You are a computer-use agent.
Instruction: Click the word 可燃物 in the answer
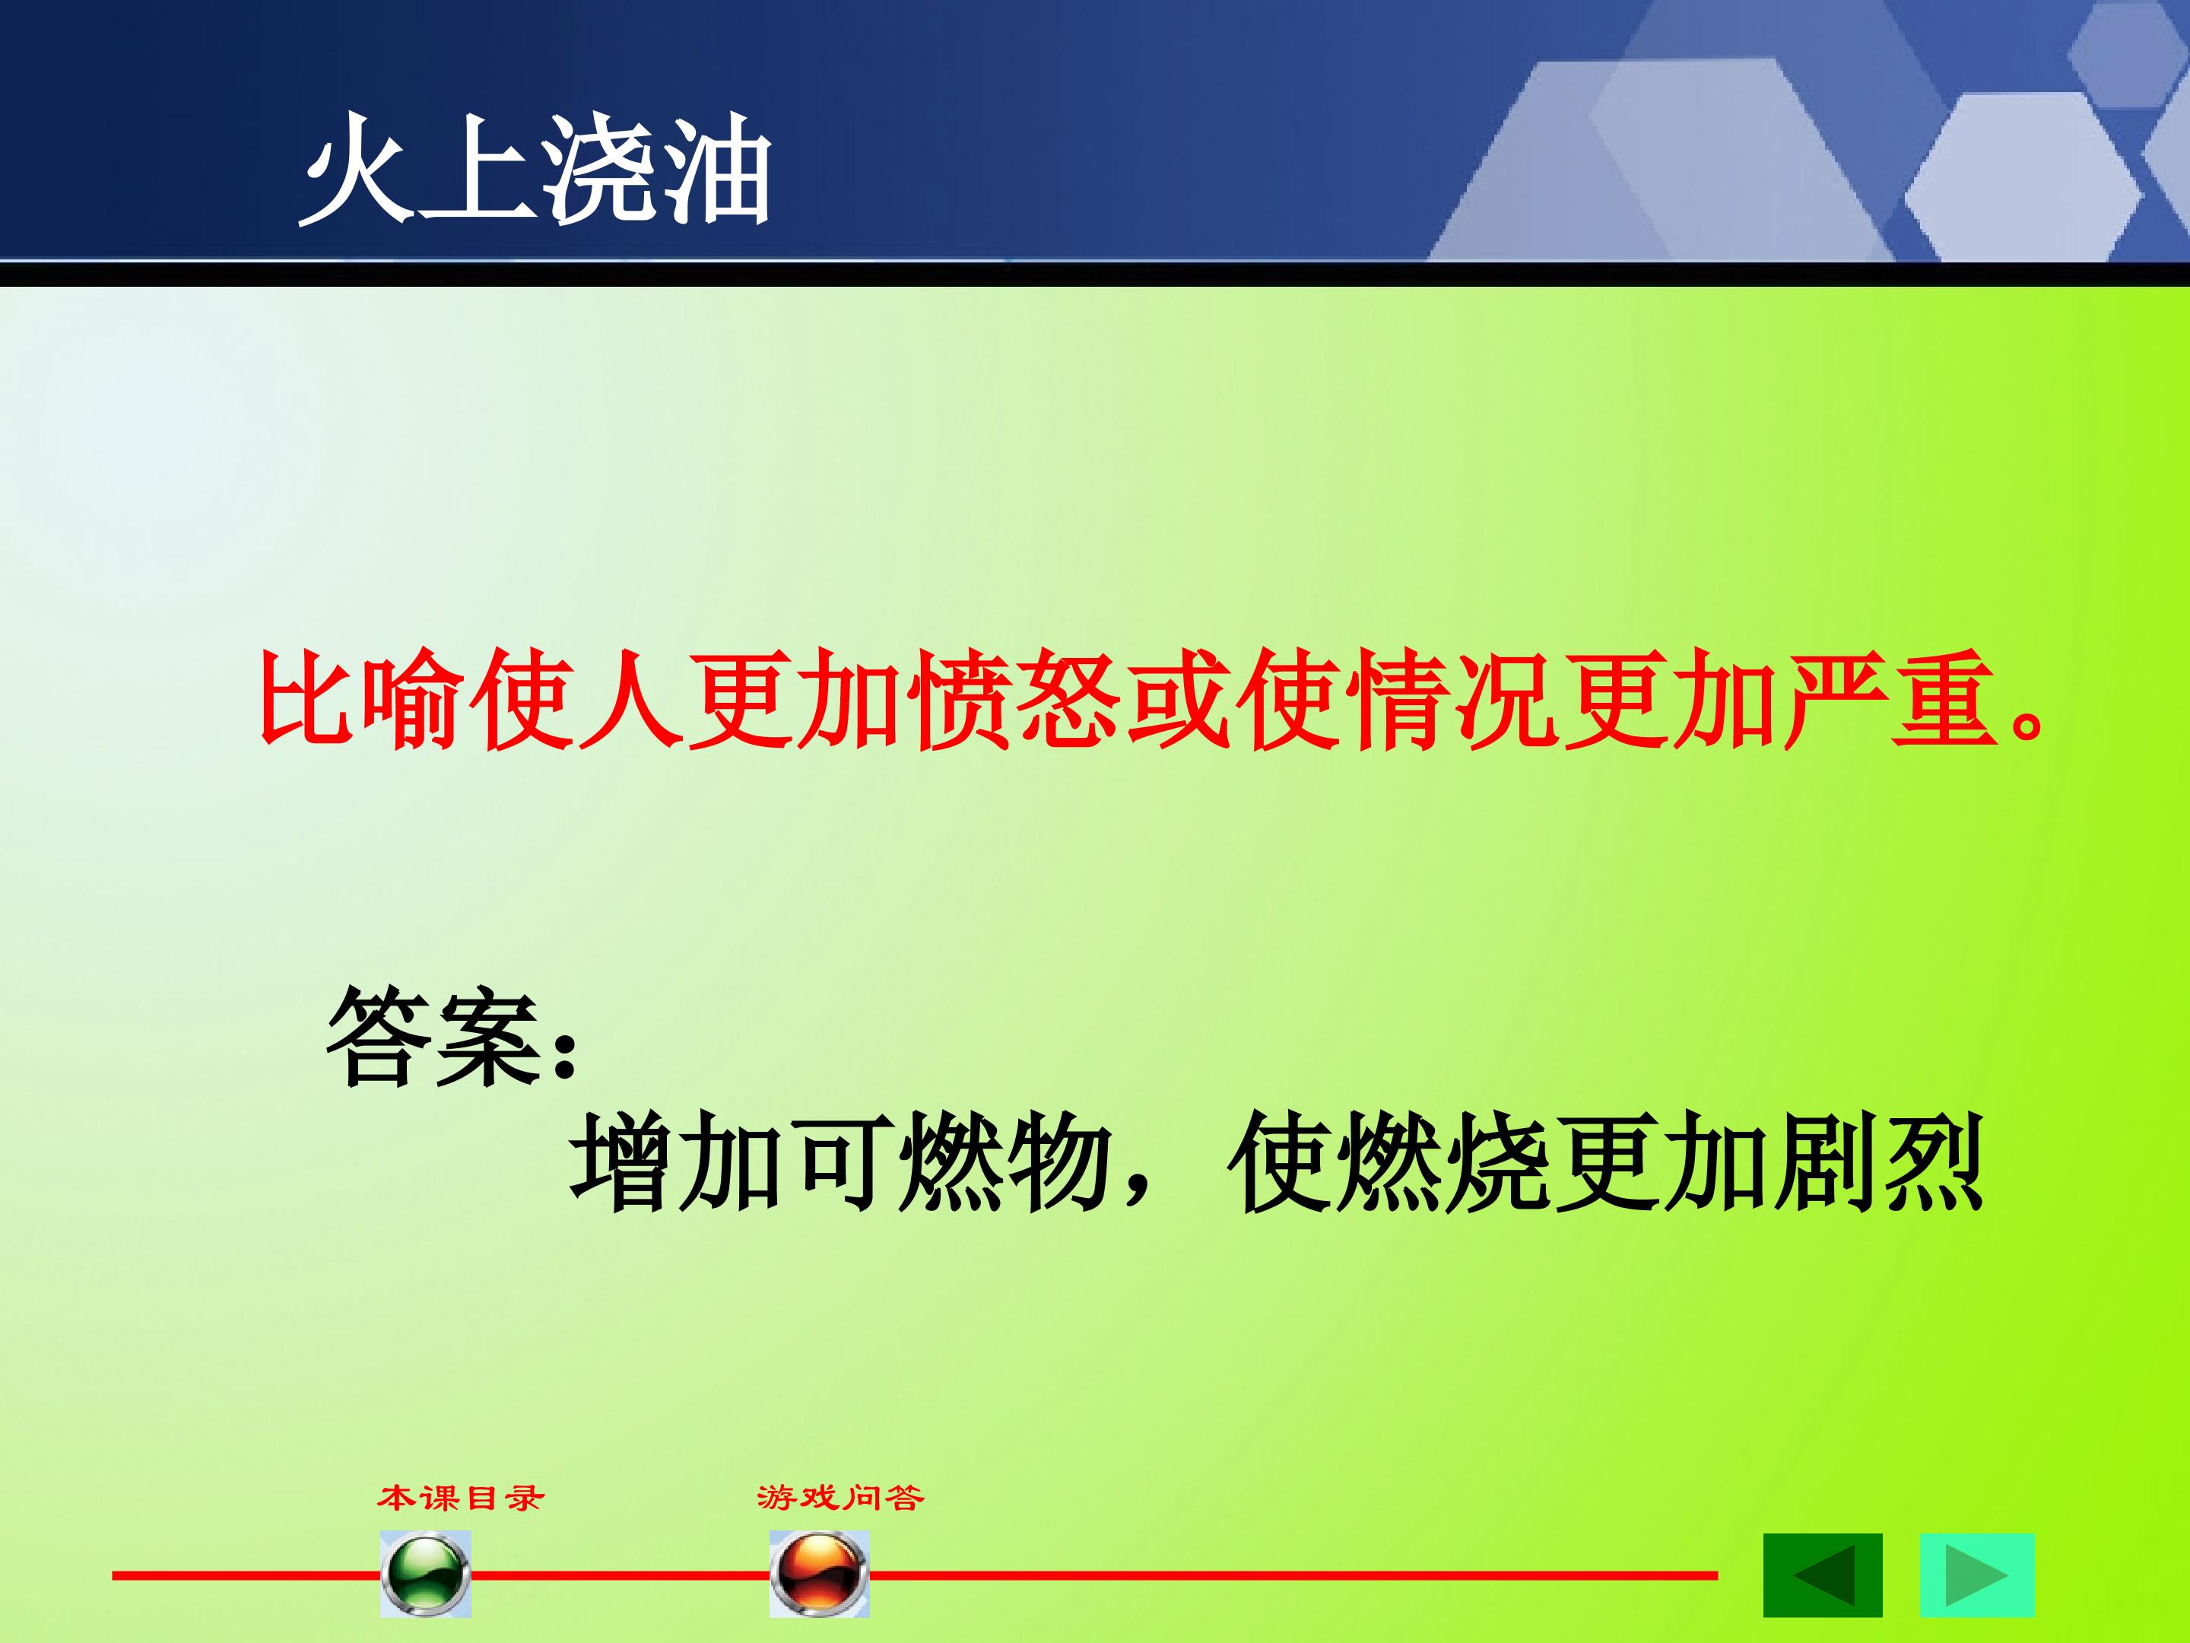[947, 1161]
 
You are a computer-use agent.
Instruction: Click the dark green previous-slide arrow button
[1823, 1575]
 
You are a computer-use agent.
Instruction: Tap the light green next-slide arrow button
[1977, 1575]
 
